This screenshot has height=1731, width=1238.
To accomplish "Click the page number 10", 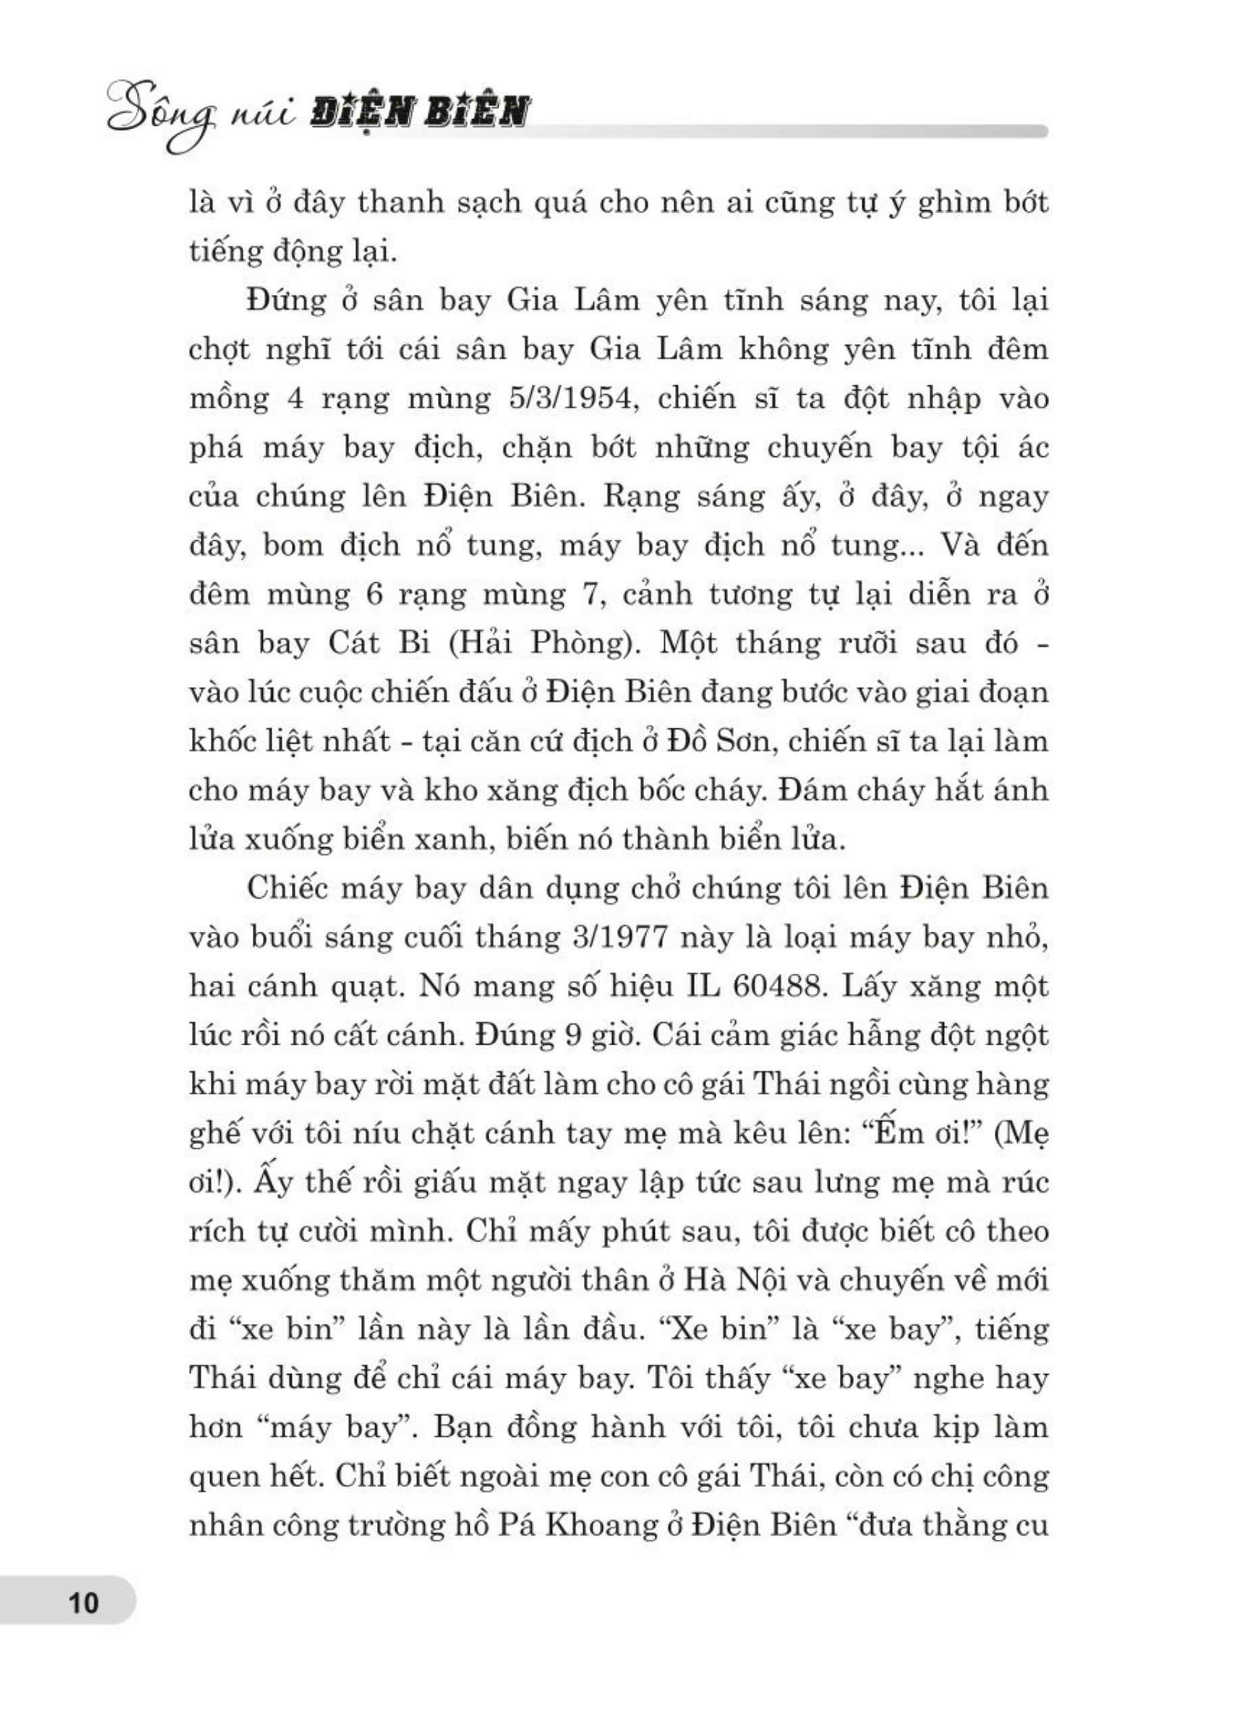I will point(84,1604).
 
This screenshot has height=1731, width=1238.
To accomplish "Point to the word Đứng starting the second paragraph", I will point(286,300).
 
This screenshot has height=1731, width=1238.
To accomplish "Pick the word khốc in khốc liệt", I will point(224,741).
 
